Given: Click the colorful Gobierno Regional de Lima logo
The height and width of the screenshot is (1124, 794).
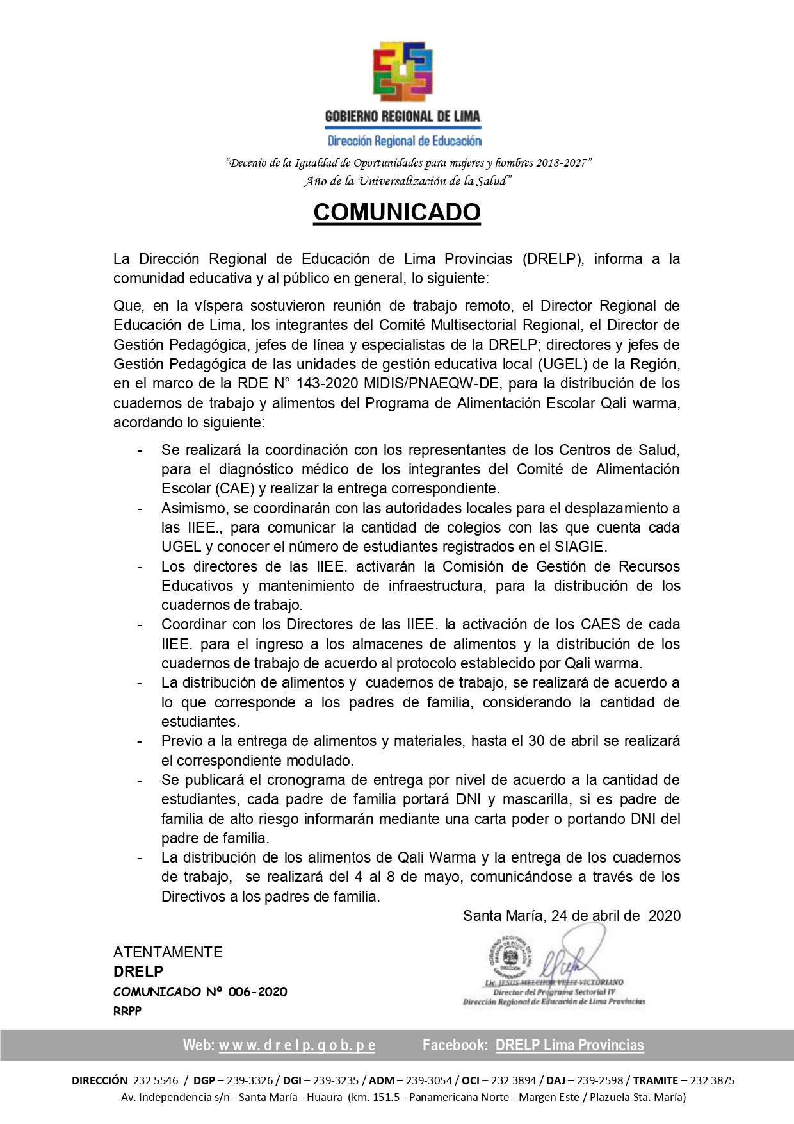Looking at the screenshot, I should pyautogui.click(x=403, y=72).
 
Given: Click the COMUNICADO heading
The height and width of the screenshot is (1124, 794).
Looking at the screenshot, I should pyautogui.click(x=396, y=212).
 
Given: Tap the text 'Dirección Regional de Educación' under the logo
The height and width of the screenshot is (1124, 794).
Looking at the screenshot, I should pyautogui.click(x=404, y=141).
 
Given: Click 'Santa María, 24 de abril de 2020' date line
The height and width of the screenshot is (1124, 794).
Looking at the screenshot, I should pyautogui.click(x=571, y=916).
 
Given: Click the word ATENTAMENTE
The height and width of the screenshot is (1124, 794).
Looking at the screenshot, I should pyautogui.click(x=168, y=952).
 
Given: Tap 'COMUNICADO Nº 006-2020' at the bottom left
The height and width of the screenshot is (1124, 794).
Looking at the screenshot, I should pyautogui.click(x=200, y=992).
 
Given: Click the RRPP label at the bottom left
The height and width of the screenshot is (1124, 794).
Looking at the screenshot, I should pyautogui.click(x=127, y=1011).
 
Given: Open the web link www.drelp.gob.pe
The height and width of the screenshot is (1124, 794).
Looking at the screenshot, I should pyautogui.click(x=297, y=1045).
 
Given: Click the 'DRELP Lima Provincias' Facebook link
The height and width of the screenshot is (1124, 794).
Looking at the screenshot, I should pyautogui.click(x=569, y=1045).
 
